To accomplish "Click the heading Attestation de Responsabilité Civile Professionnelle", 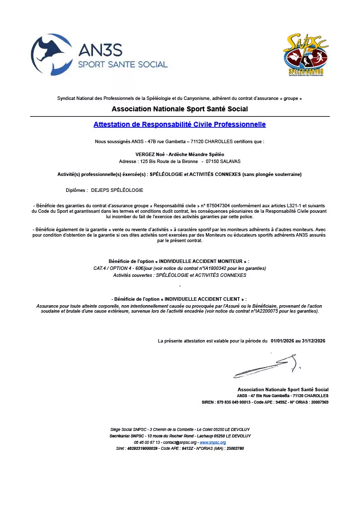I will [x=180, y=124].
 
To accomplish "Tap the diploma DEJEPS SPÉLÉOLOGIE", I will [x=117, y=190].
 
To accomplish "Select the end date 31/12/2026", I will [x=312, y=340].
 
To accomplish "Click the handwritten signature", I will [x=266, y=367].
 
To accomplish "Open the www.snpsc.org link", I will [x=212, y=442].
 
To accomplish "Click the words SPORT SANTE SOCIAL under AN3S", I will [x=123, y=65].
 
